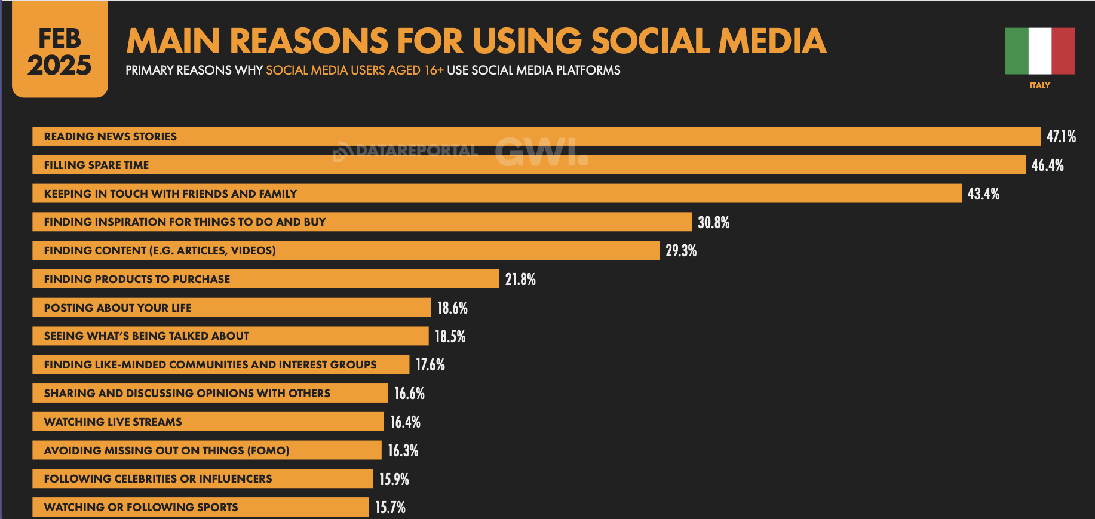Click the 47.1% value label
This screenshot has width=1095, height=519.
(1061, 137)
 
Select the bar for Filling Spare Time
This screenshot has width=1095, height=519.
(529, 165)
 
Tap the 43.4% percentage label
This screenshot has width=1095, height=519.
(983, 194)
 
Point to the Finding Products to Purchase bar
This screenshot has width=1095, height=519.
(265, 279)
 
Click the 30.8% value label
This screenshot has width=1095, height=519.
(713, 223)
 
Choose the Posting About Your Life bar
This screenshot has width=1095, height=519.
(231, 308)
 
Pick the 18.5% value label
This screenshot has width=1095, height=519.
(450, 337)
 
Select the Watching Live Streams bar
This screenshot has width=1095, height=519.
(207, 422)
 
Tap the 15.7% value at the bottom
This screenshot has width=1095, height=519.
(390, 508)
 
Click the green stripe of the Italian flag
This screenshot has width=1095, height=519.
(1016, 51)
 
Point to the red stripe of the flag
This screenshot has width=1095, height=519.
(1063, 51)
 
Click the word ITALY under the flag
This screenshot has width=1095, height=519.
(1039, 85)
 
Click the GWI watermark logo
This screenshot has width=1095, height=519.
(541, 152)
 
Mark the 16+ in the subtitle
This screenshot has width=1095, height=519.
(434, 70)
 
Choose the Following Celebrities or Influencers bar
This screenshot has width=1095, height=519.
(203, 478)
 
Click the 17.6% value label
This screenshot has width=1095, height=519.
(430, 365)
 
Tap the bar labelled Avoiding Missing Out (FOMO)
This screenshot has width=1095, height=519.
(207, 450)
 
